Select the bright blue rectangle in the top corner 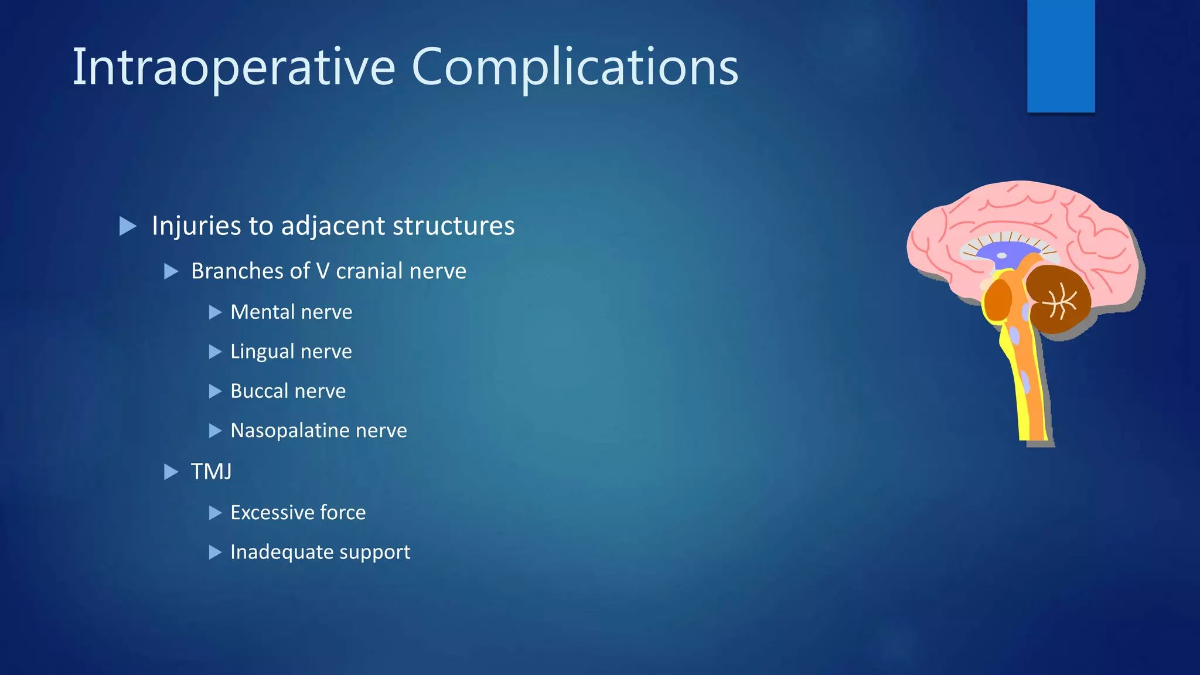point(1061,56)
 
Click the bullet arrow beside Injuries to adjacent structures point(128,226)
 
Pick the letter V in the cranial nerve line point(322,271)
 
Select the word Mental point(262,312)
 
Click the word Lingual point(262,352)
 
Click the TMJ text point(211,472)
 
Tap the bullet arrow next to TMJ point(171,472)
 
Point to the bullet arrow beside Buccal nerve point(216,391)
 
